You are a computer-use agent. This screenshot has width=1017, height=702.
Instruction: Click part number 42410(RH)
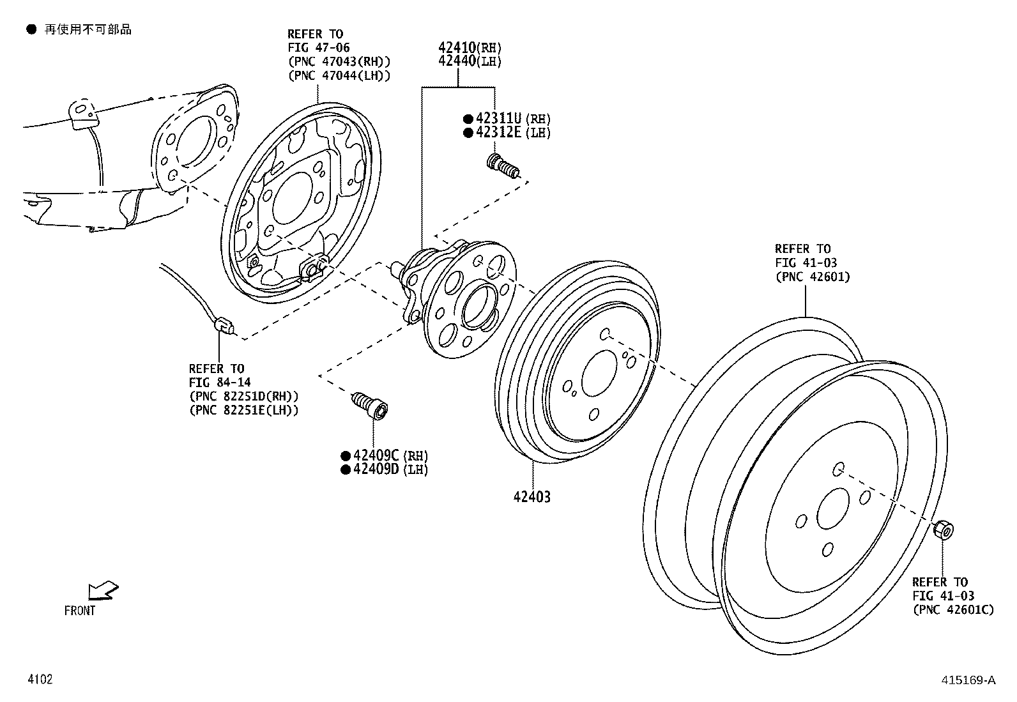(x=470, y=48)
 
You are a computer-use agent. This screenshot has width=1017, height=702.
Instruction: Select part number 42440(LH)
(x=470, y=62)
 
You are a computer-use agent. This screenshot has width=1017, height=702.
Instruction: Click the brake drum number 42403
(x=531, y=496)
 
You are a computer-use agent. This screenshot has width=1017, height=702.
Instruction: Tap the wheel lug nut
(x=943, y=530)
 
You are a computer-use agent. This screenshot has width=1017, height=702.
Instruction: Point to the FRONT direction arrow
(x=102, y=590)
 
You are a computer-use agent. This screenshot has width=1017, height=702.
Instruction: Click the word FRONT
(x=80, y=611)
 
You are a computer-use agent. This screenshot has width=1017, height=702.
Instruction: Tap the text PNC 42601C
(x=952, y=610)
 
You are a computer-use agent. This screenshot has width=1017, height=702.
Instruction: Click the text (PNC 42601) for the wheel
(x=812, y=277)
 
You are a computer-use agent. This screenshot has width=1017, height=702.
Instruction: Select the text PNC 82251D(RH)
(x=243, y=396)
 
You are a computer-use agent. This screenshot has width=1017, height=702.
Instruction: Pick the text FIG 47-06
(x=318, y=48)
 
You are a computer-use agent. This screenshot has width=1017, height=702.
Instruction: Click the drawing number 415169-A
(x=968, y=680)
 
